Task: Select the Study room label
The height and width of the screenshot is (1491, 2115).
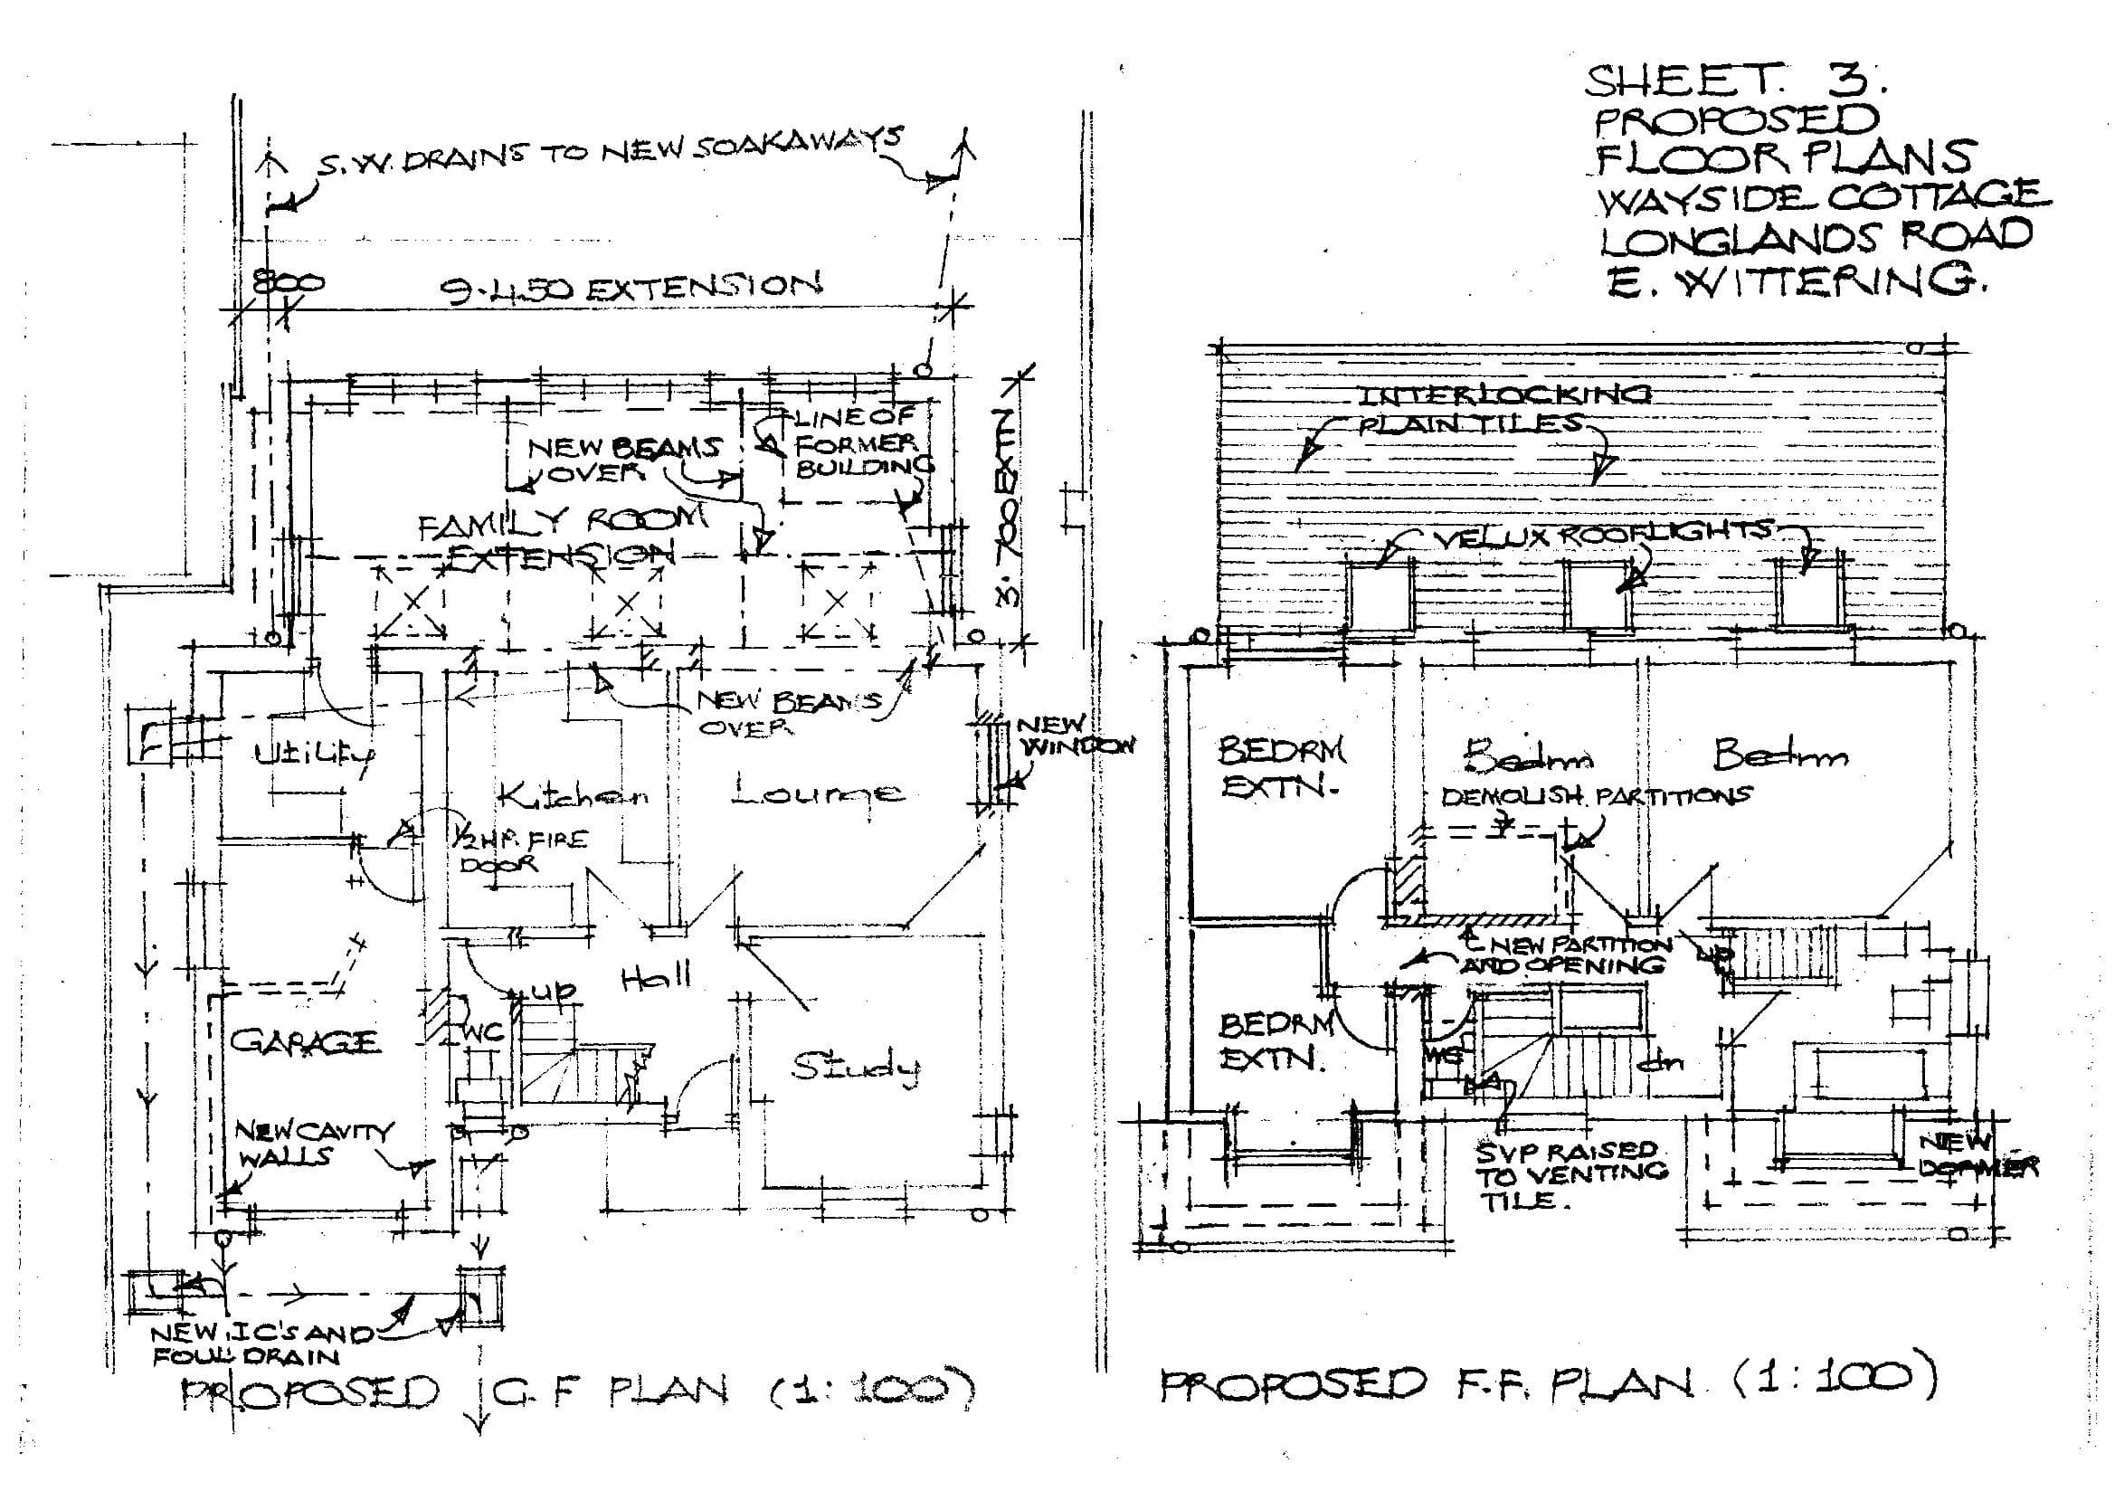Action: pyautogui.click(x=855, y=1067)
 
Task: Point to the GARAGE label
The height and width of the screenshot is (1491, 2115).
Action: pyautogui.click(x=304, y=1042)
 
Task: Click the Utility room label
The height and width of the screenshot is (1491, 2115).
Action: pyautogui.click(x=313, y=755)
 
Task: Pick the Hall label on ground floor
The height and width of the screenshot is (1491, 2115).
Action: pyautogui.click(x=656, y=978)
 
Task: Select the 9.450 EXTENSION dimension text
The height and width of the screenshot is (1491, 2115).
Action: pyautogui.click(x=629, y=289)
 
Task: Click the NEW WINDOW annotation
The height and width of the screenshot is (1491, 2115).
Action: pyautogui.click(x=1073, y=736)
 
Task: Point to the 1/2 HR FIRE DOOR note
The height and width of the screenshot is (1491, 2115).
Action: pyautogui.click(x=516, y=851)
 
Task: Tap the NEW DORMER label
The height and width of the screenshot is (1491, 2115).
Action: pyautogui.click(x=1976, y=1155)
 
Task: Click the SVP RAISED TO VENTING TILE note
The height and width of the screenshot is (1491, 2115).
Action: pyautogui.click(x=1570, y=1175)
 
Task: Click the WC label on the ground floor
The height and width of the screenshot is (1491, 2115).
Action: pyautogui.click(x=483, y=1033)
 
